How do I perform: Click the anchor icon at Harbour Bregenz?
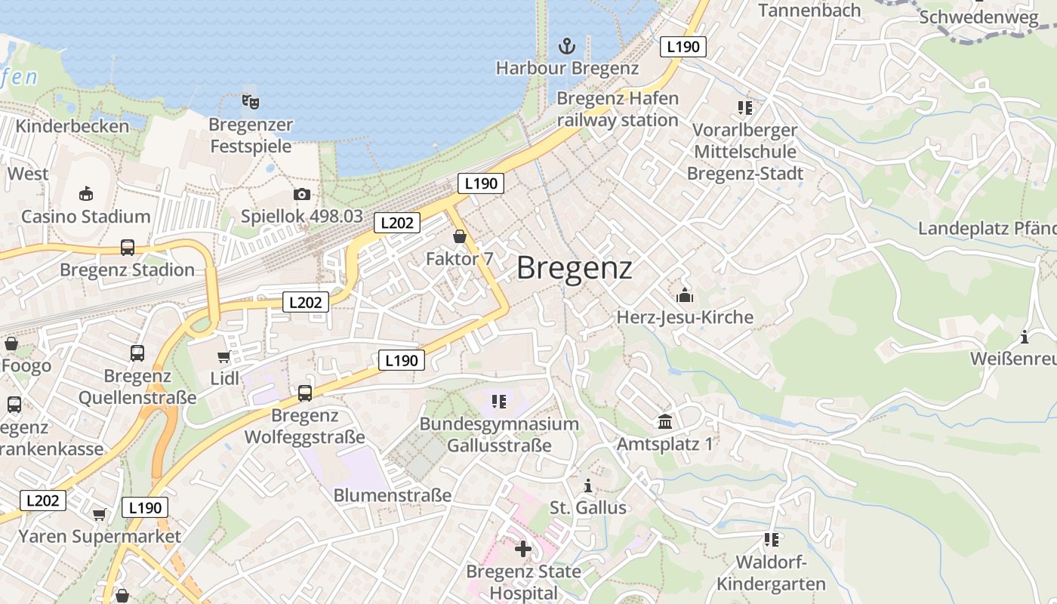click(566, 46)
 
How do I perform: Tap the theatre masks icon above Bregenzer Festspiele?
click(250, 101)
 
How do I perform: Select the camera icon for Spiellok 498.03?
click(301, 194)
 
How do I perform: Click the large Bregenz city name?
click(574, 268)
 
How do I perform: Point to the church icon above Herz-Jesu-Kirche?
click(685, 294)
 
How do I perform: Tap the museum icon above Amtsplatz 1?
click(664, 421)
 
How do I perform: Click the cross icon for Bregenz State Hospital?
click(522, 548)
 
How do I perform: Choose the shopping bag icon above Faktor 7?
click(459, 237)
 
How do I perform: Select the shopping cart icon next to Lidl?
click(223, 356)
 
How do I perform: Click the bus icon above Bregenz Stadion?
click(127, 248)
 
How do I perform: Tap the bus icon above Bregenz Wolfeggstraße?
click(304, 393)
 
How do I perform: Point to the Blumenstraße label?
click(392, 495)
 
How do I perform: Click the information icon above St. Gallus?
click(588, 485)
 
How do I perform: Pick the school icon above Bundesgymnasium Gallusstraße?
click(498, 402)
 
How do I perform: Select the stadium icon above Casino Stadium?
click(85, 194)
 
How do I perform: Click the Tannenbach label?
click(809, 11)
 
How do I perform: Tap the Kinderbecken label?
click(72, 126)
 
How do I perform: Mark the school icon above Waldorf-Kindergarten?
click(771, 540)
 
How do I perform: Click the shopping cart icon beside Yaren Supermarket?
click(99, 515)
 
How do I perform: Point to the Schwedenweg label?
click(978, 17)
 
